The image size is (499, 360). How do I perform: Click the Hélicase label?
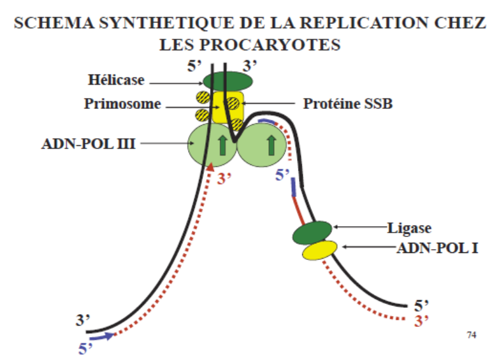pos(117,81)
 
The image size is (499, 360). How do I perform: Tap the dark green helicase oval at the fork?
pos(228,81)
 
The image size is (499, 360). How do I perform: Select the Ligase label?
pos(405,226)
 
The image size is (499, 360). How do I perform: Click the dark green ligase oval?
pos(312,232)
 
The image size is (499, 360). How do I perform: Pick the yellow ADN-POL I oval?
pos(320,250)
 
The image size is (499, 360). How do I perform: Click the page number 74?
pos(472,334)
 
